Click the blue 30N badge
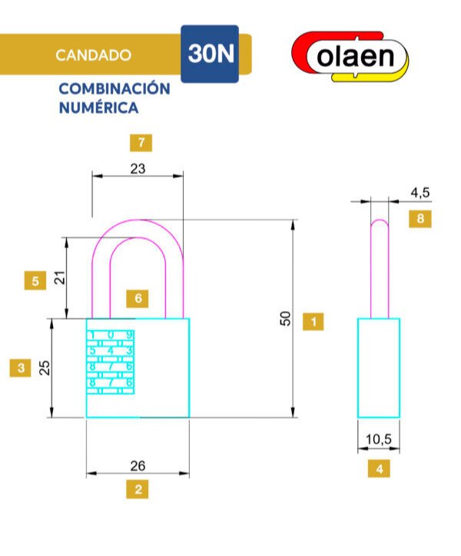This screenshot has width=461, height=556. point(209,55)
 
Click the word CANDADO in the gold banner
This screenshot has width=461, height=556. point(93,55)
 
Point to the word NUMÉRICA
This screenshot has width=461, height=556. point(98,108)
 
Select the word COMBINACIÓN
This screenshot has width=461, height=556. point(114,88)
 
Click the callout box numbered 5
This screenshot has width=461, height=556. point(35,280)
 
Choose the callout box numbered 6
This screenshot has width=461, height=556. point(138,298)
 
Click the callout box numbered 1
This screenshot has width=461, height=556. point(313,321)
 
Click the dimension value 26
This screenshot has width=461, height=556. point(138,465)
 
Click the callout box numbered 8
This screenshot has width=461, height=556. point(420,219)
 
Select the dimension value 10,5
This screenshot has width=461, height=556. point(378,439)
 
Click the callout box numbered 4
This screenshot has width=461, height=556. point(378,468)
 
